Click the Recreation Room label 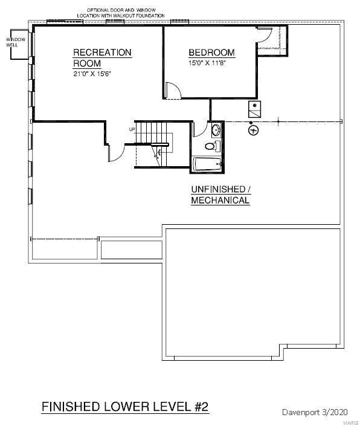[102, 58]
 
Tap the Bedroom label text [212, 53]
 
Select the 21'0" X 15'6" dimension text [92, 74]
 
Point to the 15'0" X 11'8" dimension [207, 63]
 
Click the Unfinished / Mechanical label [220, 195]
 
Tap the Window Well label [16, 42]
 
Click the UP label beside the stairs [132, 129]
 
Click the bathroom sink [216, 130]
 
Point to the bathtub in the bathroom [207, 164]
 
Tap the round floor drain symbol [253, 130]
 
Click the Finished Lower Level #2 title [125, 407]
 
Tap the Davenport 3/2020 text [315, 412]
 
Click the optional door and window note [121, 13]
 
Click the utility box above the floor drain [255, 109]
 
